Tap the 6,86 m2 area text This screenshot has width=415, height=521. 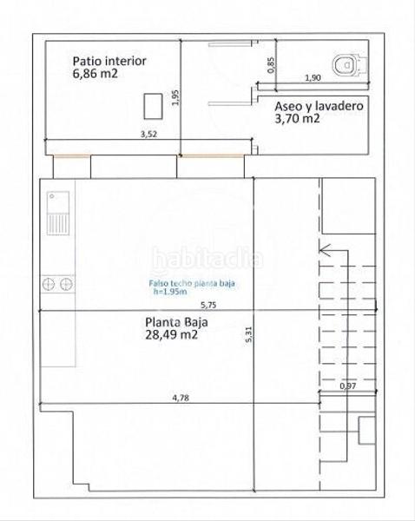(96, 75)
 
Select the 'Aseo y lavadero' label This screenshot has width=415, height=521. (319, 105)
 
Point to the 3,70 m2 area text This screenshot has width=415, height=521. (298, 119)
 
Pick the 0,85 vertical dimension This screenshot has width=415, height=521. (273, 63)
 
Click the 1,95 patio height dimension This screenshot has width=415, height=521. (175, 97)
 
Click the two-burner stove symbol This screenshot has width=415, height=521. (56, 283)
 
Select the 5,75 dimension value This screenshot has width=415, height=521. (208, 306)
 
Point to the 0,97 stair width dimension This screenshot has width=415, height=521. (347, 386)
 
